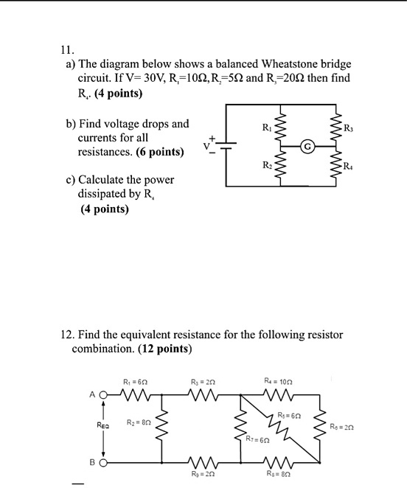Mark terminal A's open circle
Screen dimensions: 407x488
pos(104,394)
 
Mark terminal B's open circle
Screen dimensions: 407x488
pos(104,464)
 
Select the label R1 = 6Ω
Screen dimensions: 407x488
pos(136,381)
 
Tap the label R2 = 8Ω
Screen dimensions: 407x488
pos(139,422)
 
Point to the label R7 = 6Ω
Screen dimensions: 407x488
pos(257,439)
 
